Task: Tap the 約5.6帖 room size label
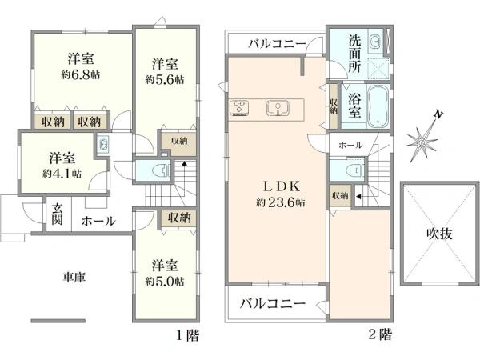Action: coord(164,80)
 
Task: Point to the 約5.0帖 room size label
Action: coord(165,282)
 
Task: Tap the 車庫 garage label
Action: coord(75,278)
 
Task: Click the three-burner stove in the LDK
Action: coord(240,107)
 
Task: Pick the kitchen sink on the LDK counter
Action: coord(278,107)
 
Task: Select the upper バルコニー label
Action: coord(272,42)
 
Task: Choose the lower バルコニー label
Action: coord(273,303)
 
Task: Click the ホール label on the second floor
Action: coord(350,145)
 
